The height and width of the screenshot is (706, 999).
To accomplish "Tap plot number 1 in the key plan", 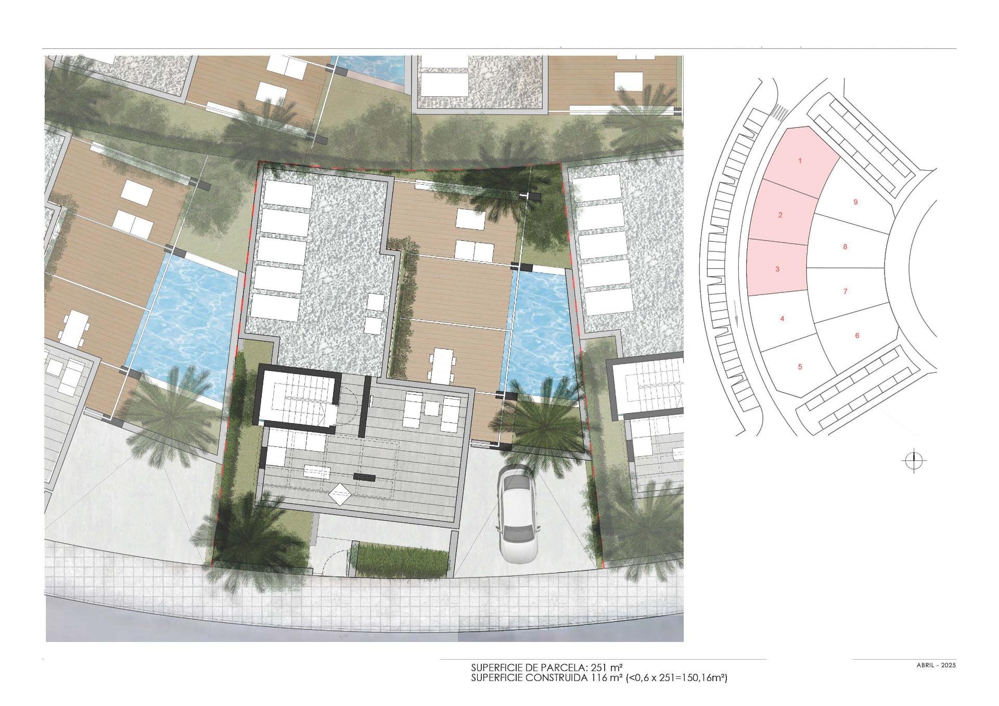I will pyautogui.click(x=800, y=161).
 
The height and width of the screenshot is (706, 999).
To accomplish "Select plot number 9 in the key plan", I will pyautogui.click(x=855, y=202).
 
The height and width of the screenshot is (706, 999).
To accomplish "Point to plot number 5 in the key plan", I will pyautogui.click(x=800, y=366).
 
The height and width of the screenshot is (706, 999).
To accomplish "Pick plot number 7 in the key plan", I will pyautogui.click(x=845, y=291).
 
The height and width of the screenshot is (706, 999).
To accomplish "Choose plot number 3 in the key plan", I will pyautogui.click(x=777, y=269).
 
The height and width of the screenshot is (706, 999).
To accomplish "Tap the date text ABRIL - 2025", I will pyautogui.click(x=936, y=665).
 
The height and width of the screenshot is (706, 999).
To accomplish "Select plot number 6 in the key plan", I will pyautogui.click(x=857, y=336).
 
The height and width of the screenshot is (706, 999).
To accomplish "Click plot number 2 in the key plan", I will pyautogui.click(x=780, y=215).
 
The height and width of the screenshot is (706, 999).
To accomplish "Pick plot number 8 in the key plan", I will pyautogui.click(x=845, y=247).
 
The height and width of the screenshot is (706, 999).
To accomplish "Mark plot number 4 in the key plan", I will pyautogui.click(x=782, y=318).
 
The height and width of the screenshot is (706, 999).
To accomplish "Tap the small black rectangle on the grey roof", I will pyautogui.click(x=364, y=477).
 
